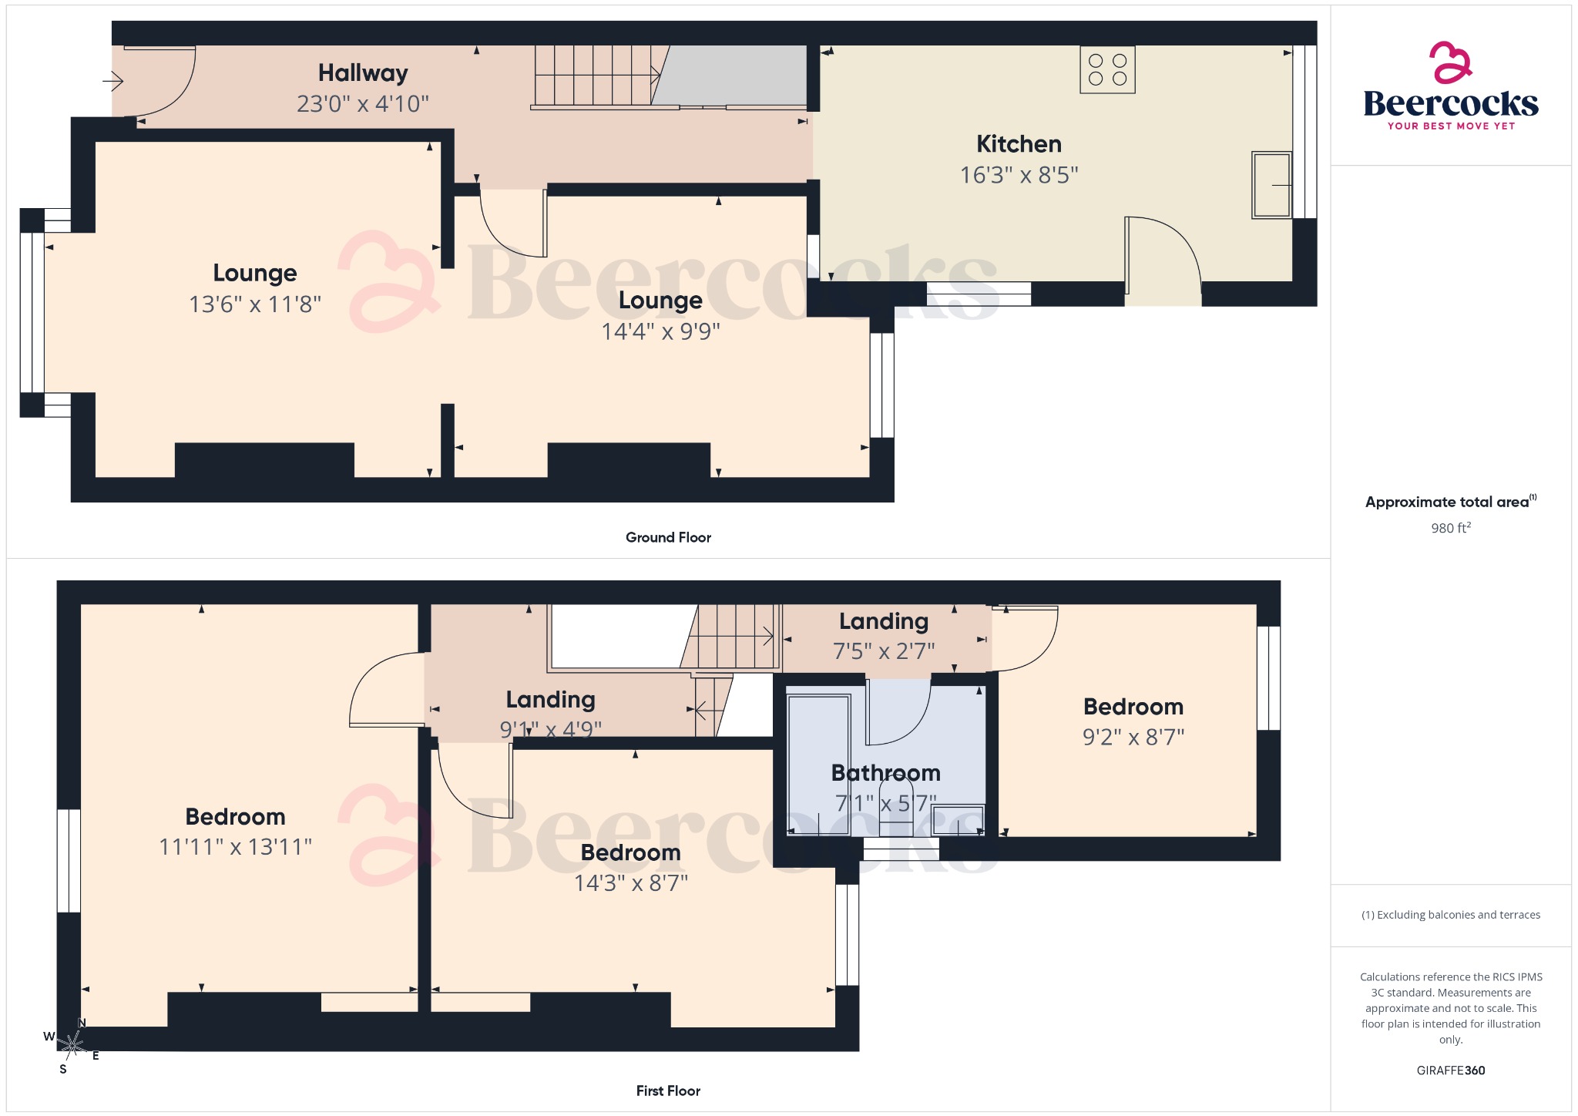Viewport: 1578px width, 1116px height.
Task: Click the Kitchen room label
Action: point(1019,144)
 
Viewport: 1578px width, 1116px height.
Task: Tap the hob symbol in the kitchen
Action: point(1107,70)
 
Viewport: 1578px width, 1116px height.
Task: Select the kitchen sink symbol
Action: point(1271,185)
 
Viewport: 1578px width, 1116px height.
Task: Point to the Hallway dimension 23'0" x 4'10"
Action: point(362,103)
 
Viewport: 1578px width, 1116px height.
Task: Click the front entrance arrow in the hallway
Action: point(113,80)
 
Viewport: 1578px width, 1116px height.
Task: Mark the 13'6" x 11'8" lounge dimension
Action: point(255,304)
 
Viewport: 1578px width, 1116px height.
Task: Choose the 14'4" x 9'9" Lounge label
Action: point(660,300)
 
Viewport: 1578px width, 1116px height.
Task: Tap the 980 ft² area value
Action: point(1451,528)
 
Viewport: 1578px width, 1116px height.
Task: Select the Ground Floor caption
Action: point(668,537)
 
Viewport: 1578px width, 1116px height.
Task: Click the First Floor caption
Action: point(668,1091)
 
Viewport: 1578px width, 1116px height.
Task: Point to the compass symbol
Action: point(72,1046)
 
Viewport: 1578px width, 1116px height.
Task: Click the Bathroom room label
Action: point(885,772)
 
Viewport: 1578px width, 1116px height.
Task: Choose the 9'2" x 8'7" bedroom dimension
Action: point(1133,737)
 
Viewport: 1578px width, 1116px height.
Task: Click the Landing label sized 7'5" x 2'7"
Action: point(883,621)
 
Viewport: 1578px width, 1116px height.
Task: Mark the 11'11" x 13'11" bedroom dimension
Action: point(235,847)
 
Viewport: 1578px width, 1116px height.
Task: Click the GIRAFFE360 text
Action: point(1450,1071)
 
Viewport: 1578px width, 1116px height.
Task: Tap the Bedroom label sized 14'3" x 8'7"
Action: point(630,852)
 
